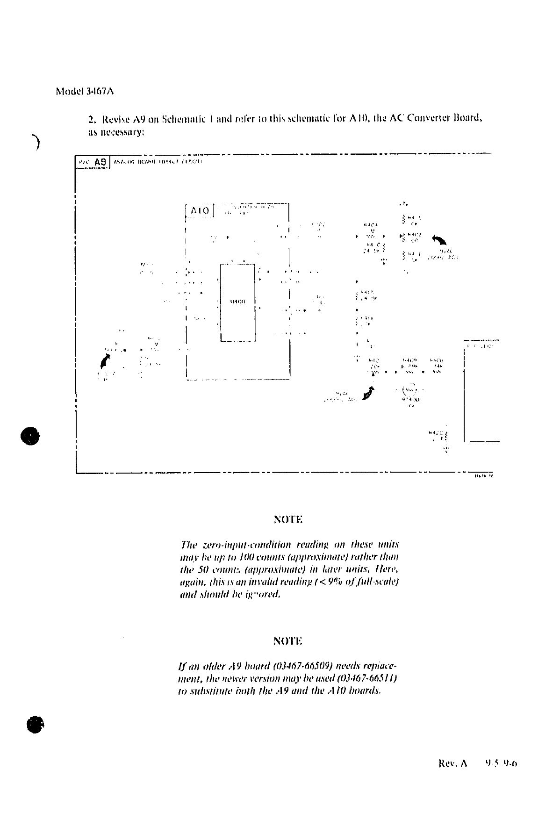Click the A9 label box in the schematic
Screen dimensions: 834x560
pos(100,162)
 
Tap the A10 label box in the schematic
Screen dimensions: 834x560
pos(200,211)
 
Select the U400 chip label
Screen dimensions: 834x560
pos(238,302)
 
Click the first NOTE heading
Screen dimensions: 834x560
pos(288,519)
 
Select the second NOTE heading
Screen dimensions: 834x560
pos(288,641)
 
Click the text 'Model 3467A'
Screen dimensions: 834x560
pos(85,91)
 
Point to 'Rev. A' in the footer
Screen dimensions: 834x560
pos(452,764)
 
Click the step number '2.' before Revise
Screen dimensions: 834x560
pos(92,118)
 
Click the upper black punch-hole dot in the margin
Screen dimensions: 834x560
pos(30,436)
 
